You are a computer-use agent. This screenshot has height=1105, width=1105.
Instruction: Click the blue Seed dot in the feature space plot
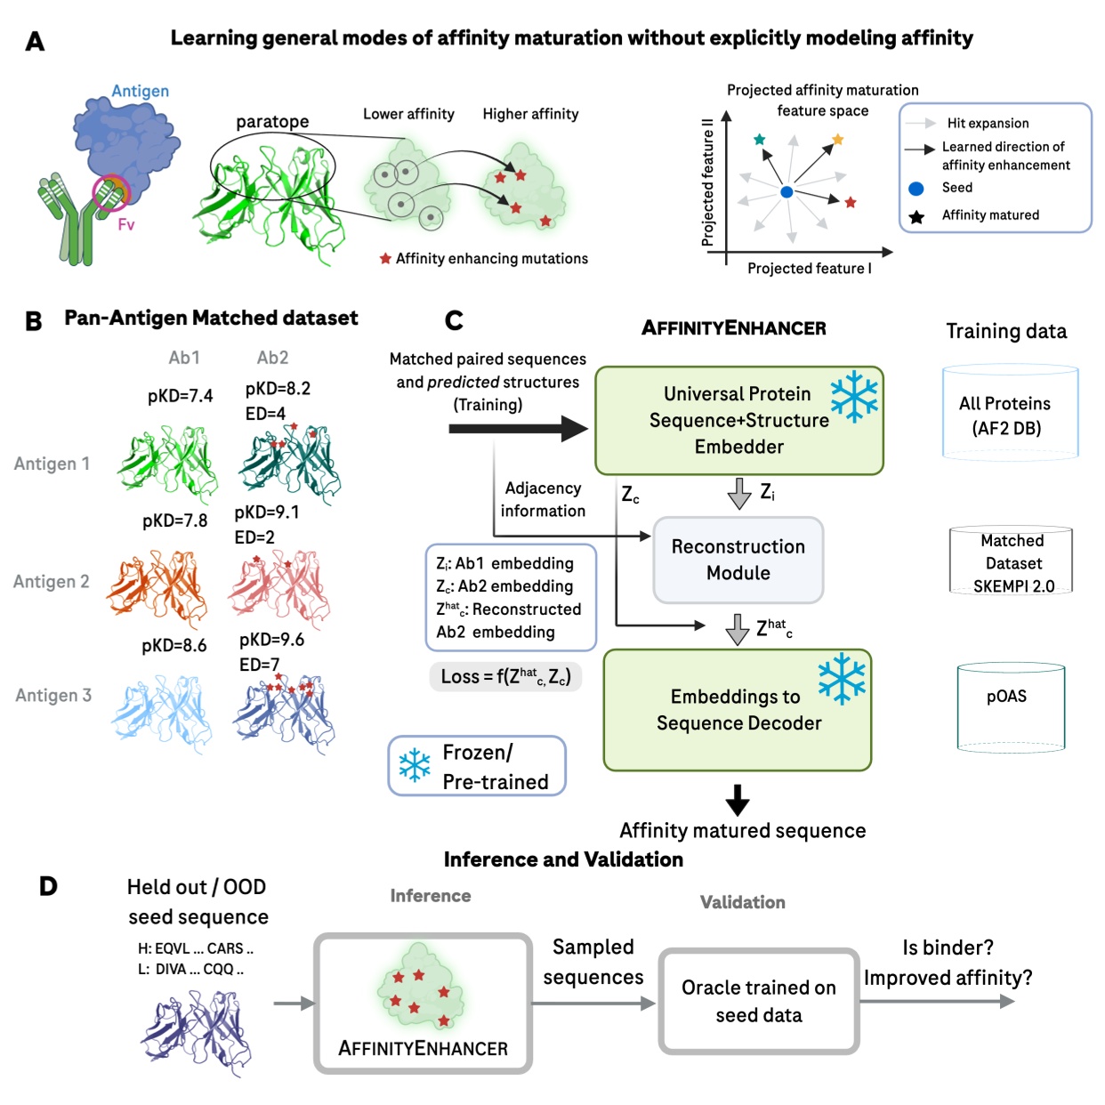click(x=786, y=191)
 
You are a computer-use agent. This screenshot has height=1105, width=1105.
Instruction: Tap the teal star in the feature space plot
click(x=759, y=140)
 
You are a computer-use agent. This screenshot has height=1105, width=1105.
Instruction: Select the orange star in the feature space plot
click(x=837, y=140)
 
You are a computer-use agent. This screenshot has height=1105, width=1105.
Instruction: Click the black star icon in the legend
click(x=916, y=216)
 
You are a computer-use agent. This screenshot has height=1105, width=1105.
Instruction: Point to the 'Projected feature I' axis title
click(x=809, y=269)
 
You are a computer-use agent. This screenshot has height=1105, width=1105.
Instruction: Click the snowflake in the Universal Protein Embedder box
click(x=853, y=396)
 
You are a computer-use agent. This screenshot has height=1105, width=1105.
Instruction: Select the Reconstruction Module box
click(x=738, y=560)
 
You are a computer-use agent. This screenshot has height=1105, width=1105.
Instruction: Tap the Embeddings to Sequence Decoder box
click(x=738, y=710)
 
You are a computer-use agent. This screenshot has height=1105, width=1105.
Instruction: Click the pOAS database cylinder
click(x=1011, y=707)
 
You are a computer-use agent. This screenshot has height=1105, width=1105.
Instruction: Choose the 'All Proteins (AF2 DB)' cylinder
click(x=1010, y=413)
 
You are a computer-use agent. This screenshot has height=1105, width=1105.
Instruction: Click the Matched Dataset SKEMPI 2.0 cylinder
click(x=1012, y=561)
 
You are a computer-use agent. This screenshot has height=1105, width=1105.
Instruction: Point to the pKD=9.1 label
click(x=267, y=512)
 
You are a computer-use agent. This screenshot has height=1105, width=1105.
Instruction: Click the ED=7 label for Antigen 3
click(x=259, y=665)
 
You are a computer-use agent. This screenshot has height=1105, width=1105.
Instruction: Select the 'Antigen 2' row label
click(x=52, y=582)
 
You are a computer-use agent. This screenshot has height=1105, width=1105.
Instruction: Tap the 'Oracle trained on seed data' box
click(x=759, y=1001)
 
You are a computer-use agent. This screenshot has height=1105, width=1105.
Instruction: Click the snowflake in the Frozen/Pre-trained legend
click(x=415, y=765)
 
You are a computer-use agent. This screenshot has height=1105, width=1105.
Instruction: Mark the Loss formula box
click(x=505, y=676)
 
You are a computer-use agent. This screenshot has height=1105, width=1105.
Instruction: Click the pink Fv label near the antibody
click(x=126, y=225)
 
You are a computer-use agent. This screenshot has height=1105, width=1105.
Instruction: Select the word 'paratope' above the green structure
click(x=272, y=122)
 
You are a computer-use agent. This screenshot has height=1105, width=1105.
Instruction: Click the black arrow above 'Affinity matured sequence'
click(x=737, y=799)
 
